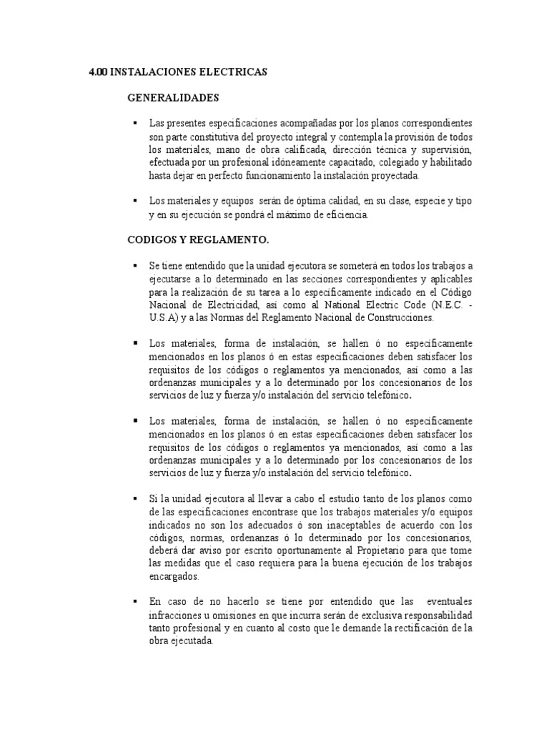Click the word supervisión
(445, 149)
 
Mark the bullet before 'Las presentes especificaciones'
(134, 123)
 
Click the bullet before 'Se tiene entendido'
(134, 265)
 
